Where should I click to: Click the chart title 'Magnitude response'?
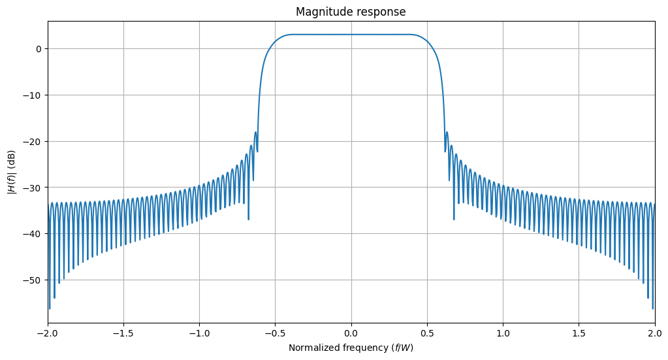pos(351,12)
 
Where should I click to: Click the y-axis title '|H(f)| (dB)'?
pos(11,172)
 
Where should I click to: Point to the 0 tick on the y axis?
pos(39,49)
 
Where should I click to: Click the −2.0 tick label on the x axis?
pos(48,333)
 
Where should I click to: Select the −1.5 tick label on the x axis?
pos(123,333)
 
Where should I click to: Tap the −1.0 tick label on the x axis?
pos(199,333)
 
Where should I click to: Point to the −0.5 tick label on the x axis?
pos(275,333)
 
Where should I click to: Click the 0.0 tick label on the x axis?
pos(351,333)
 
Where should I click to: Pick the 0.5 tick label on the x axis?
pos(427,333)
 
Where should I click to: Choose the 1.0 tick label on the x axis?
pos(503,333)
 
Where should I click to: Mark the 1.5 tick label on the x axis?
pos(579,333)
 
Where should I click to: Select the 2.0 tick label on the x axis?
pos(654,333)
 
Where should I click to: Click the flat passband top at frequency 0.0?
pos(351,35)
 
